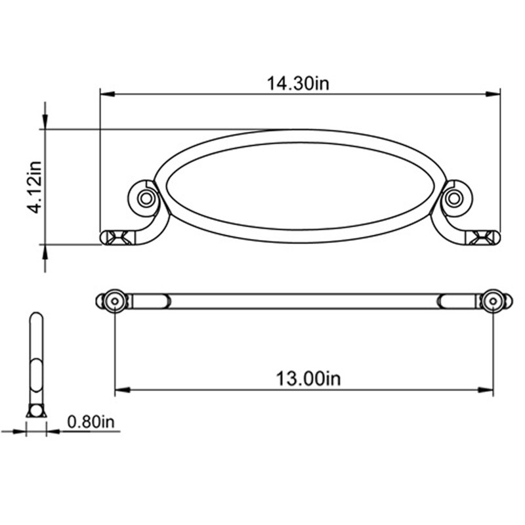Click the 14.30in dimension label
point(298,83)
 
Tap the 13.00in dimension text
point(308,379)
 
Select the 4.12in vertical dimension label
point(35,187)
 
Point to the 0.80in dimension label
point(91,421)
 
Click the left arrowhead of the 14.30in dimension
point(108,94)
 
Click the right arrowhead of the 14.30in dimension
point(493,94)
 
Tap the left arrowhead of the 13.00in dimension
point(122,390)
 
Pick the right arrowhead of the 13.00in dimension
point(486,390)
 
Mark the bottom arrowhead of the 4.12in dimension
point(45,252)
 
